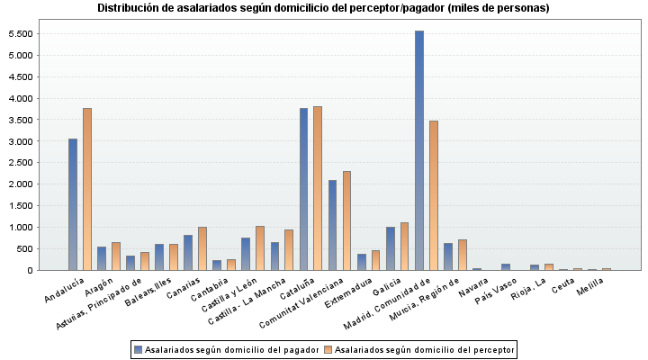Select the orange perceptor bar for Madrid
click(x=434, y=195)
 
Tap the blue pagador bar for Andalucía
click(x=73, y=204)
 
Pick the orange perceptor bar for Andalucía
click(x=87, y=189)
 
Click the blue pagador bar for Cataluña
click(x=304, y=189)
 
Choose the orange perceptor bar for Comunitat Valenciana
click(x=347, y=220)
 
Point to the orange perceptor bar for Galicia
click(x=405, y=246)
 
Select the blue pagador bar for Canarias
click(x=188, y=253)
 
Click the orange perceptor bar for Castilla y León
click(x=260, y=247)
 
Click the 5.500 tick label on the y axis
click(x=20, y=34)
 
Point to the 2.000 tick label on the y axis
click(x=20, y=184)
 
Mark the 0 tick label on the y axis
click(x=30, y=270)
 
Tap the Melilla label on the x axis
click(x=589, y=285)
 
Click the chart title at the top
click(x=323, y=8)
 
